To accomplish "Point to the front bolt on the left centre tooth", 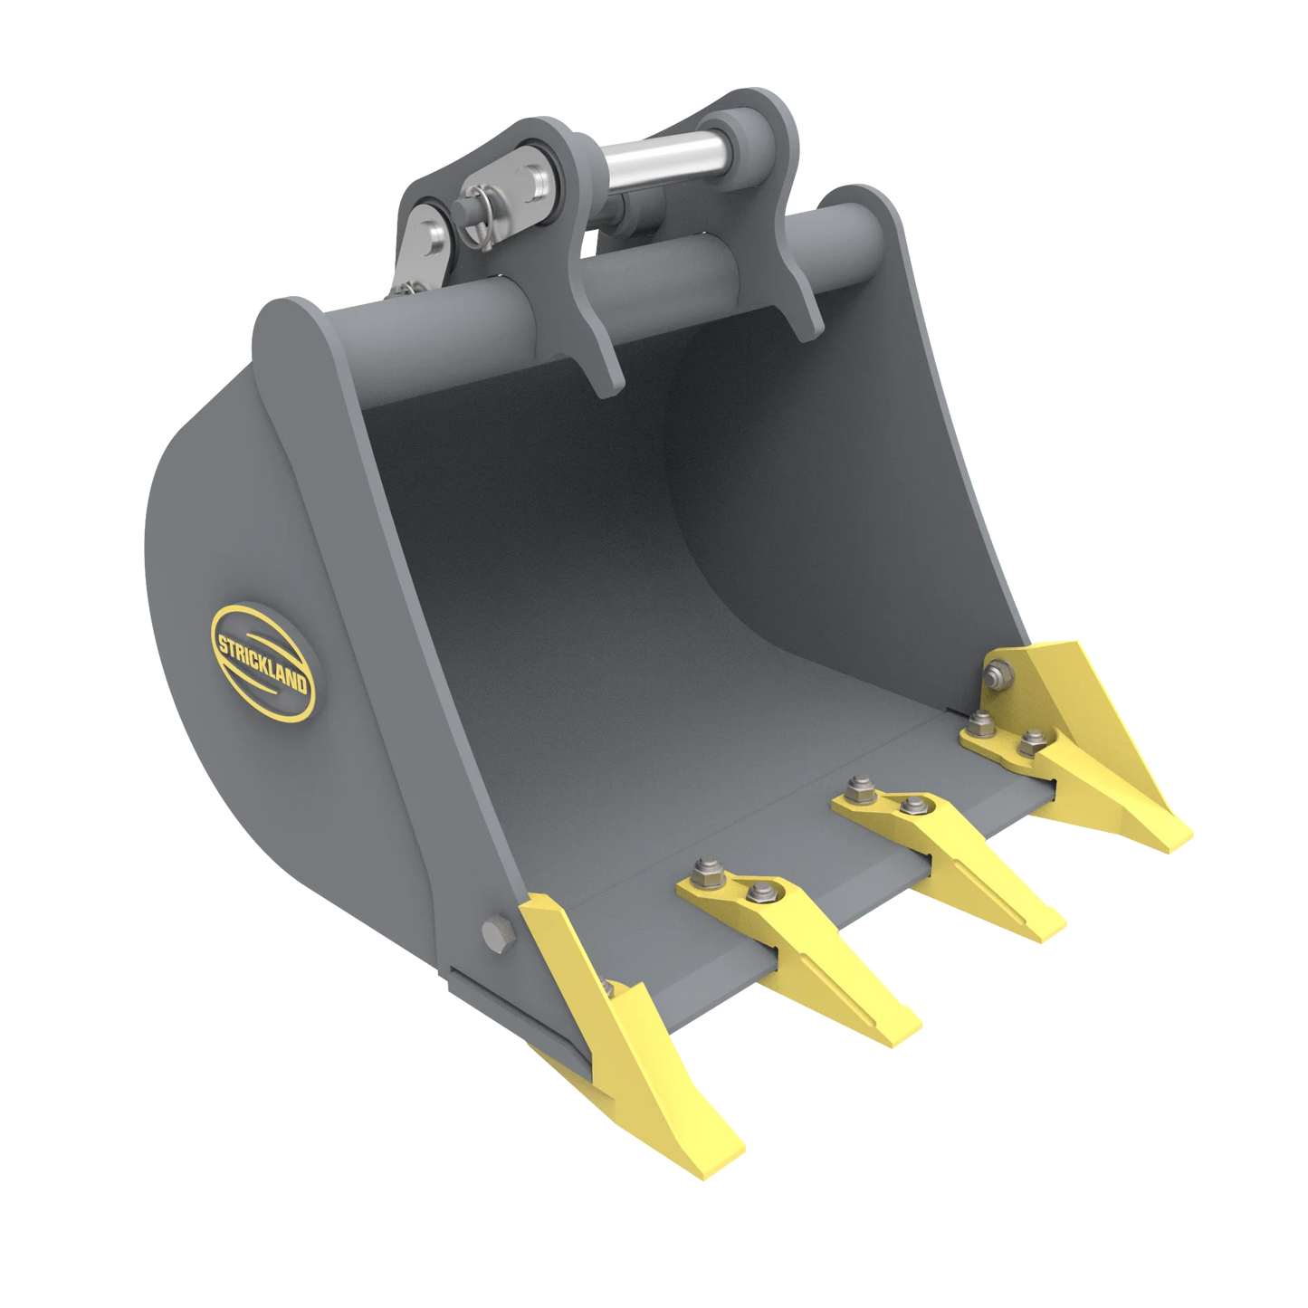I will point(757,894).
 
